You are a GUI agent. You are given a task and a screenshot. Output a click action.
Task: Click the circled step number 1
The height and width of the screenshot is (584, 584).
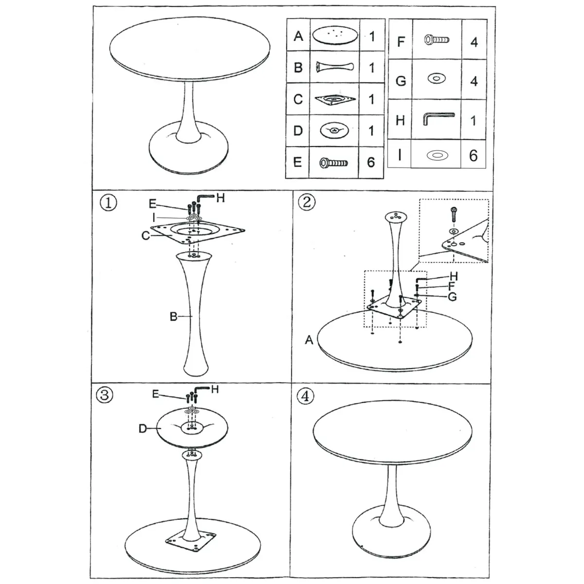108,202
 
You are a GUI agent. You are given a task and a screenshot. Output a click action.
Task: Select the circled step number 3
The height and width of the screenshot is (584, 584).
105,395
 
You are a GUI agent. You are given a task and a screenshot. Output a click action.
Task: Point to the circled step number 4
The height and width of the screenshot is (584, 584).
305,396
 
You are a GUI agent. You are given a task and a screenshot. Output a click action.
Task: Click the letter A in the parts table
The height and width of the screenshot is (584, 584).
298,36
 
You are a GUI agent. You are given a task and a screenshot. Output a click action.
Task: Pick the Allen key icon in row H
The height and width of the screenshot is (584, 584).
438,118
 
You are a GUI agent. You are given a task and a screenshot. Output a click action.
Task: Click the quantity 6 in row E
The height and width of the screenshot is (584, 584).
371,163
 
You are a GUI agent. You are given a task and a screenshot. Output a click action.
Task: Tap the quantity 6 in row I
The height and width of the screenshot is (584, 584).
473,155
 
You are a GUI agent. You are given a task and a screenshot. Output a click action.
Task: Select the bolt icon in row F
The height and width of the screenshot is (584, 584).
437,40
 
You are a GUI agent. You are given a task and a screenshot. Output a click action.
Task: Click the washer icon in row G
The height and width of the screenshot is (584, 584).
437,78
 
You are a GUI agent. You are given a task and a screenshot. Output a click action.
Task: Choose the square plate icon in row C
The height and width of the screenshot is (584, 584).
335,99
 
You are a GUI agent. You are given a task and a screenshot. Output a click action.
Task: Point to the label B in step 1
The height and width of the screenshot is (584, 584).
173,317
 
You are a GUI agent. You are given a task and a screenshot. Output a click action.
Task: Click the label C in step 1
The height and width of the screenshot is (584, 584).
146,236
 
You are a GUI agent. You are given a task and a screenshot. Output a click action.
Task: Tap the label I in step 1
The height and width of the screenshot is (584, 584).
154,218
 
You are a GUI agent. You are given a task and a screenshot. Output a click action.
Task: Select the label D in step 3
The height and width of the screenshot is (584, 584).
143,429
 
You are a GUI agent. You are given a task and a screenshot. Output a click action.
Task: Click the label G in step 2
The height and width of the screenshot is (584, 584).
452,297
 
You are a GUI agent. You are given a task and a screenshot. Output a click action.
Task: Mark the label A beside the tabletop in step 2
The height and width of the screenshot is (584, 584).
309,340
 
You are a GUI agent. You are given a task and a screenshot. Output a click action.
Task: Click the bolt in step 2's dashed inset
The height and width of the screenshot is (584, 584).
454,214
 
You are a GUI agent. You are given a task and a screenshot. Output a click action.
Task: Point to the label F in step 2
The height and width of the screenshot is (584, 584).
452,286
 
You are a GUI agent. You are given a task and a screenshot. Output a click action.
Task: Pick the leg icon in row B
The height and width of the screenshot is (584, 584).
334,67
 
